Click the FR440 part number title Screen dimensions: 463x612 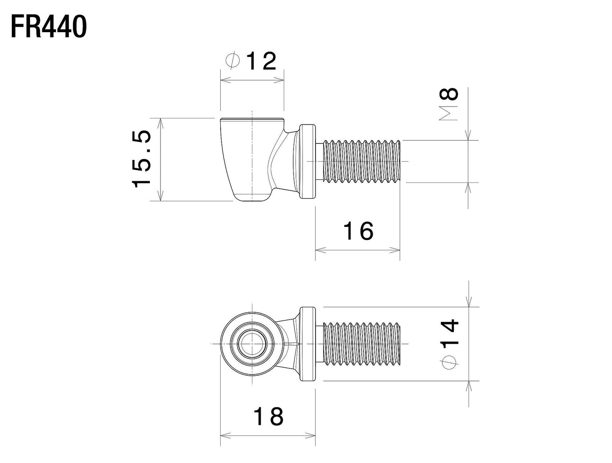(48, 27)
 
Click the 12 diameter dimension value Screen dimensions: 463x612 (260, 62)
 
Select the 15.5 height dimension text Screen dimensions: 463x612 (142, 159)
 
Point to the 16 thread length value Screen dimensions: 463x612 (358, 231)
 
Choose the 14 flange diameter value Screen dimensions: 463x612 (449, 333)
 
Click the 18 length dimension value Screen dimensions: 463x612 (268, 417)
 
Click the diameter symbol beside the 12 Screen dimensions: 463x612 (233, 61)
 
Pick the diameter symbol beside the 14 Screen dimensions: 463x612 (449, 363)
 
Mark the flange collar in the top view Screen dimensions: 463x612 (308, 344)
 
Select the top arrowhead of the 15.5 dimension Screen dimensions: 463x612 (161, 122)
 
